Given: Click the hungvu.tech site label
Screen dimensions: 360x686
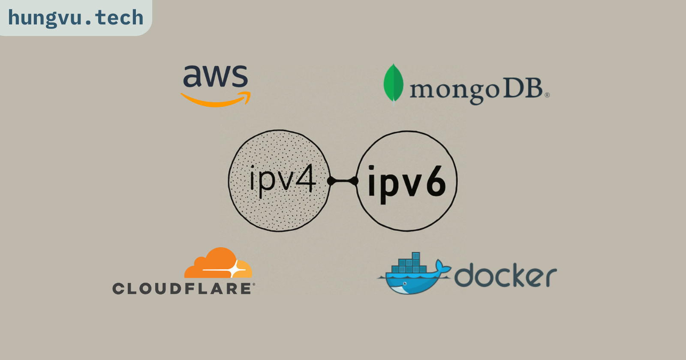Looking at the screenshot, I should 75,18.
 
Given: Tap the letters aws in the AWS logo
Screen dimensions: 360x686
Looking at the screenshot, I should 215,77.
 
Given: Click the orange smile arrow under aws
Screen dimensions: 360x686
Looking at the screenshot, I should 216,100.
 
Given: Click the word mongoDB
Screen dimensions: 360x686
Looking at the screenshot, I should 476,90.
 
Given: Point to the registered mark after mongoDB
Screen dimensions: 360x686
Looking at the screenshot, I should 547,95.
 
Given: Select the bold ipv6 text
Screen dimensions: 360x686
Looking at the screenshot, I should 406,183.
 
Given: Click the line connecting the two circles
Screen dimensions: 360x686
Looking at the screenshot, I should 343,181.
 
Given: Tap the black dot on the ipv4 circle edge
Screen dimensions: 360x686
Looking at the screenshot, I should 331,181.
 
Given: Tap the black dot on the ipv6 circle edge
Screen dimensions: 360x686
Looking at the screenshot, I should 355,181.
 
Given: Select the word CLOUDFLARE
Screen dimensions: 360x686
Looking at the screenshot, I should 182,288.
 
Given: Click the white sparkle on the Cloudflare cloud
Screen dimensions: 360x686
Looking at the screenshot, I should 235,270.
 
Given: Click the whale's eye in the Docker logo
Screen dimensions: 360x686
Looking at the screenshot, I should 404,283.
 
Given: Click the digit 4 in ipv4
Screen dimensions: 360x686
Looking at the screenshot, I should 306,178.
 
